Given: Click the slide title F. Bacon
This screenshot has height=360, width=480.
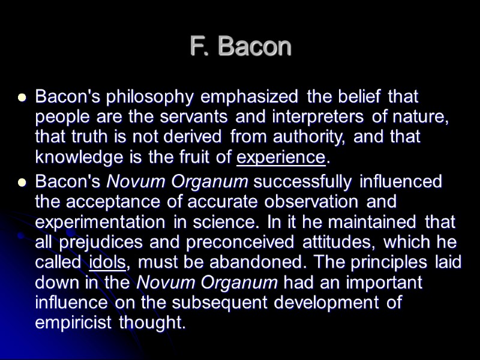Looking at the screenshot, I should tap(240, 46).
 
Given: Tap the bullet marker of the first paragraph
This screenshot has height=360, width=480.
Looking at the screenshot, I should tap(22, 97).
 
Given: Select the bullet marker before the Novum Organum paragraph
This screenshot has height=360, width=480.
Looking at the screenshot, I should tap(22, 182).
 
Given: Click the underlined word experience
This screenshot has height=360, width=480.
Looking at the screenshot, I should tap(281, 158).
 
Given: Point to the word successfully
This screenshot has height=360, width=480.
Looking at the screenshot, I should tap(301, 181).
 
